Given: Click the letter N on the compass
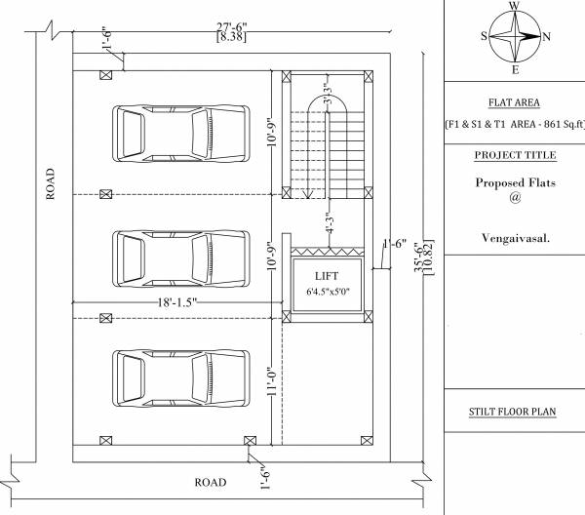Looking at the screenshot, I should pyautogui.click(x=546, y=37).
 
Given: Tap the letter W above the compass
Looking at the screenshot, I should pyautogui.click(x=515, y=6).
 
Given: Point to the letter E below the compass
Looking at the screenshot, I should pyautogui.click(x=515, y=70).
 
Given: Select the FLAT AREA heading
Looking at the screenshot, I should pyautogui.click(x=514, y=102).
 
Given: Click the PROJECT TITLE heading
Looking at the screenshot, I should pyautogui.click(x=515, y=155).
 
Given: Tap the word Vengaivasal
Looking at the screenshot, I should pyautogui.click(x=514, y=238).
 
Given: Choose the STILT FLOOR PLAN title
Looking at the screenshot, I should pyautogui.click(x=514, y=412).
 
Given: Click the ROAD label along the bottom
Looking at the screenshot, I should pyautogui.click(x=211, y=483).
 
